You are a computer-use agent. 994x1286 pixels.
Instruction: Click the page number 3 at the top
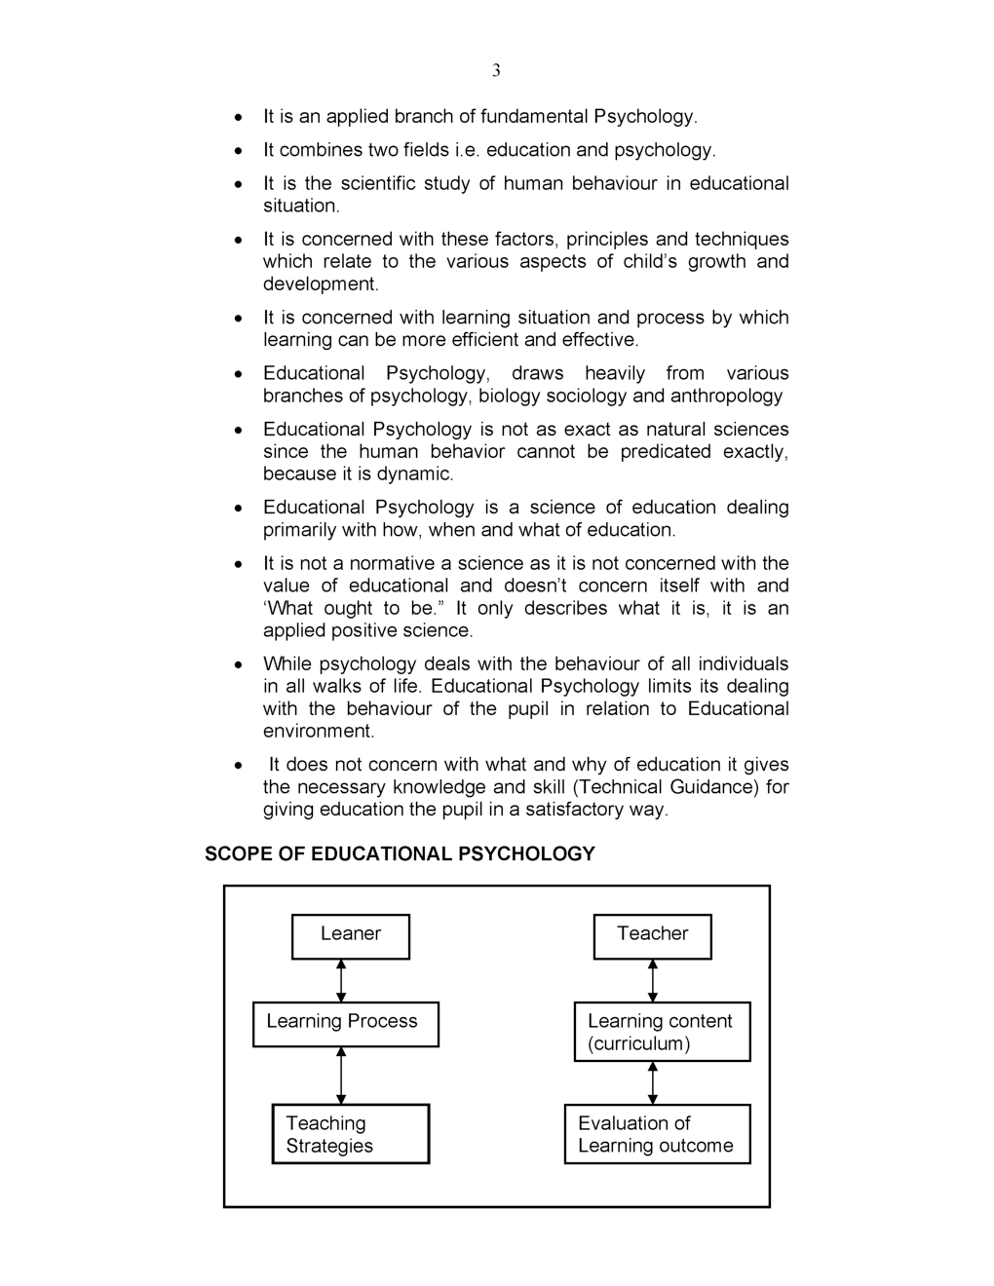(496, 70)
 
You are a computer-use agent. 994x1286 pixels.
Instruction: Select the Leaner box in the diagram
(350, 935)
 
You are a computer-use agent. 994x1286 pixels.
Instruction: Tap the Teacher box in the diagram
(652, 935)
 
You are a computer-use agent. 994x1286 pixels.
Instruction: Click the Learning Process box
(345, 1023)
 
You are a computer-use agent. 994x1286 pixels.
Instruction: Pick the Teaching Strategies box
(350, 1133)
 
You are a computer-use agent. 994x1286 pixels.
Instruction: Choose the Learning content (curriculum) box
(662, 1031)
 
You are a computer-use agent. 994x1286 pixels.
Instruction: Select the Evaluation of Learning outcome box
(657, 1133)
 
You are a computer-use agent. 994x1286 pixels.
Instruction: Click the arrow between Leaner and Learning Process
(341, 980)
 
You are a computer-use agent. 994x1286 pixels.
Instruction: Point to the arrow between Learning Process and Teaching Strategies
(341, 1075)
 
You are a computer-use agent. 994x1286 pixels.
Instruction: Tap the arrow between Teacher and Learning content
(652, 980)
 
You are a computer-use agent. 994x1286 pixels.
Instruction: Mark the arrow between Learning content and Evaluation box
(652, 1081)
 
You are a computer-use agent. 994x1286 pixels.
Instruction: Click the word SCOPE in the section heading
(238, 854)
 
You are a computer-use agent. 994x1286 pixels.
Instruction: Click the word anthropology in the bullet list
(726, 396)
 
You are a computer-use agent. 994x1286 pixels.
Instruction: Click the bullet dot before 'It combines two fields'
(238, 151)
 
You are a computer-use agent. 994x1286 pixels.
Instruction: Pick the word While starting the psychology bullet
(287, 664)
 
